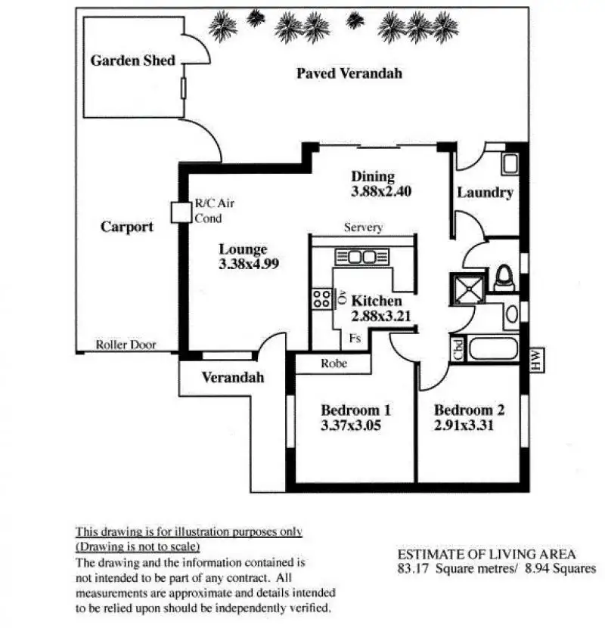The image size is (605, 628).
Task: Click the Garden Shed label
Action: [x=132, y=60]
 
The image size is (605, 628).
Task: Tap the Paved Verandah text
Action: [x=349, y=73]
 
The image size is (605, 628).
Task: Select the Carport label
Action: [x=127, y=227]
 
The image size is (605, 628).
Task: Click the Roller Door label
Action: [x=126, y=345]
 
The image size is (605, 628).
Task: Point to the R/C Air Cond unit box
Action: [x=181, y=212]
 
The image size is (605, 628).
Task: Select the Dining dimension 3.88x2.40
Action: [x=380, y=192]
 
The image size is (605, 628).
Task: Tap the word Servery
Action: [x=363, y=227]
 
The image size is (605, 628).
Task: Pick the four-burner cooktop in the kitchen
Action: [x=321, y=298]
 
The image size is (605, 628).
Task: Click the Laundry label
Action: [x=485, y=193]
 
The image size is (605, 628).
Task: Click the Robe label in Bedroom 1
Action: [x=334, y=363]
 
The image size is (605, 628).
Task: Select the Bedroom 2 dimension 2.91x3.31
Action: [x=469, y=425]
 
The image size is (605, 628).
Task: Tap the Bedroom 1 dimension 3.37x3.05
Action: [x=350, y=425]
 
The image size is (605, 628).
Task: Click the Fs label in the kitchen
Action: [x=355, y=339]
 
